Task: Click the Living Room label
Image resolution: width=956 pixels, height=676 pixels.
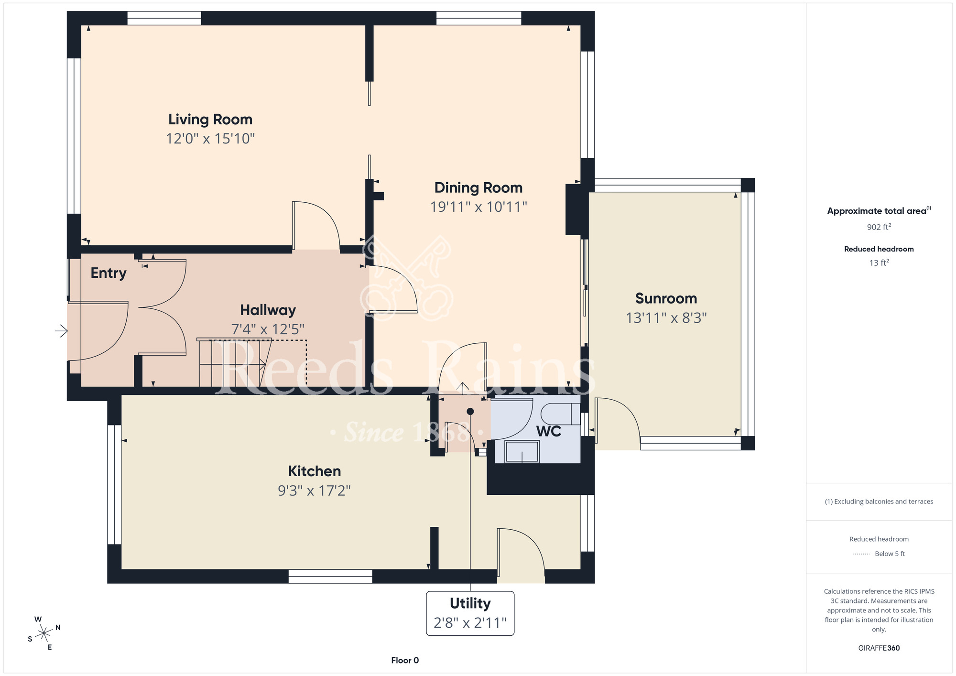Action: point(210,120)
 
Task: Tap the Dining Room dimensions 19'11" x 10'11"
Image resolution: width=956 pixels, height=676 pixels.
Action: point(478,207)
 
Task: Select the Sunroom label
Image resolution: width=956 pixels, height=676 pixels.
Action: point(666,298)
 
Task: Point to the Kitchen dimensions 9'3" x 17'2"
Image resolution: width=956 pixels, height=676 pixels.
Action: point(315,491)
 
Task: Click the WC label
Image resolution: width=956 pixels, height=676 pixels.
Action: point(549,431)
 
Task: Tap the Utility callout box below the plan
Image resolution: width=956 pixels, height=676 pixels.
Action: point(470,613)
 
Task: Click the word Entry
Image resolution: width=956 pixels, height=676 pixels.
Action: point(109,273)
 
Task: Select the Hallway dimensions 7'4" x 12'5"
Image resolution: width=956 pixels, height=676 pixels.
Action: point(268,329)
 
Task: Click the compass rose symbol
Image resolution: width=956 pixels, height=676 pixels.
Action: point(44,633)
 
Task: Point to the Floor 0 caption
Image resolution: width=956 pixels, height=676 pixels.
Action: point(405,660)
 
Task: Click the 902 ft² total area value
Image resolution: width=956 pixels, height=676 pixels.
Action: point(879,227)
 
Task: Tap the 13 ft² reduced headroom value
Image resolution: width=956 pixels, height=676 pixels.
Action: point(879,263)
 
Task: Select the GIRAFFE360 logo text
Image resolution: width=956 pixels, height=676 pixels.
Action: point(879,648)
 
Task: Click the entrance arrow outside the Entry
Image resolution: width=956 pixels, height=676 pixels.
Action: point(61,331)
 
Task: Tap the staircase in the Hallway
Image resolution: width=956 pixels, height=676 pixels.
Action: point(234,363)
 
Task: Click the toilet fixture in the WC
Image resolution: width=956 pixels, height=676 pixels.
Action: point(560,414)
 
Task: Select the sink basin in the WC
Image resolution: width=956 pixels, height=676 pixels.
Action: point(522,452)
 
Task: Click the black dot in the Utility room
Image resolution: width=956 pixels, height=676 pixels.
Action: point(470,412)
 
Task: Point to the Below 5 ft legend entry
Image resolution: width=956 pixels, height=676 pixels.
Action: point(879,554)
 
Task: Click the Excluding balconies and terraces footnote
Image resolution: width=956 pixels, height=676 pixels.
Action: point(879,502)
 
